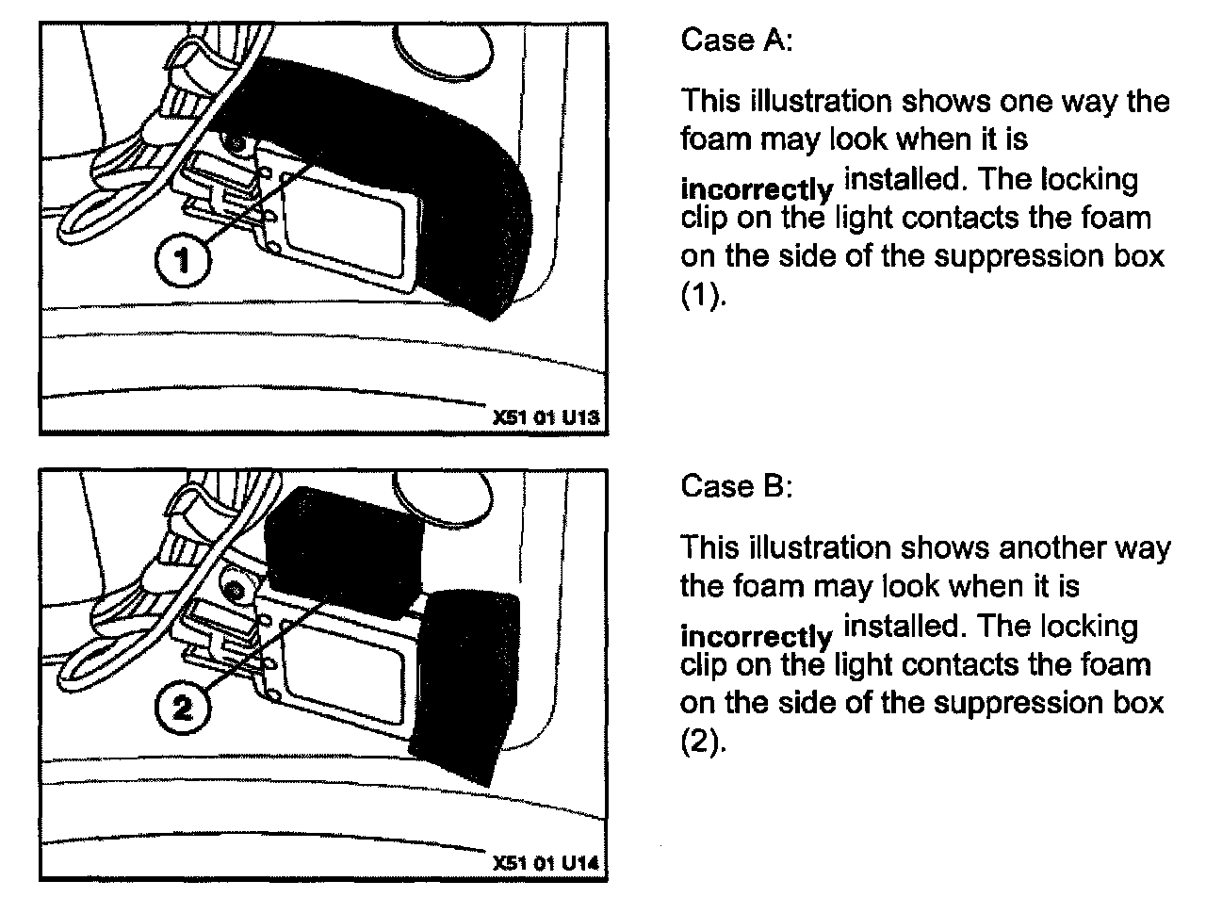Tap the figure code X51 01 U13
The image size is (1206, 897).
(x=546, y=416)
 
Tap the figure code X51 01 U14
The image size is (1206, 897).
(x=546, y=863)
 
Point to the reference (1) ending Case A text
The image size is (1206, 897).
(x=697, y=296)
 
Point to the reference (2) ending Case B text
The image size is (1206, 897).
(x=697, y=742)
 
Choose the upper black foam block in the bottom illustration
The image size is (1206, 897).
(x=344, y=542)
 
